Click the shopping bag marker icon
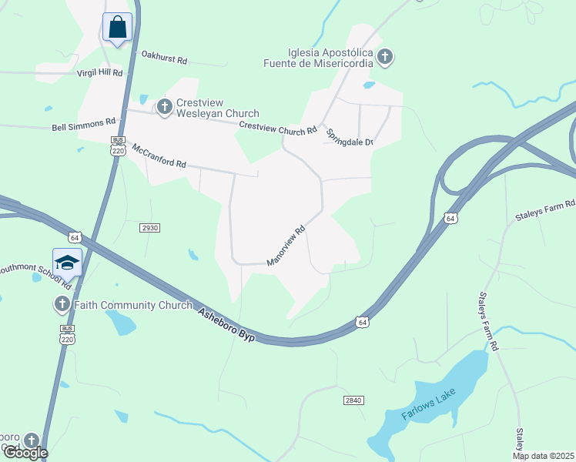(x=117, y=28)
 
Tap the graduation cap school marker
(x=67, y=263)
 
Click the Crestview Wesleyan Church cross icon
(x=164, y=107)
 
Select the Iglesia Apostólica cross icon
(x=385, y=56)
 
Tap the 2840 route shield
(x=353, y=400)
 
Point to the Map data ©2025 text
(x=543, y=457)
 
